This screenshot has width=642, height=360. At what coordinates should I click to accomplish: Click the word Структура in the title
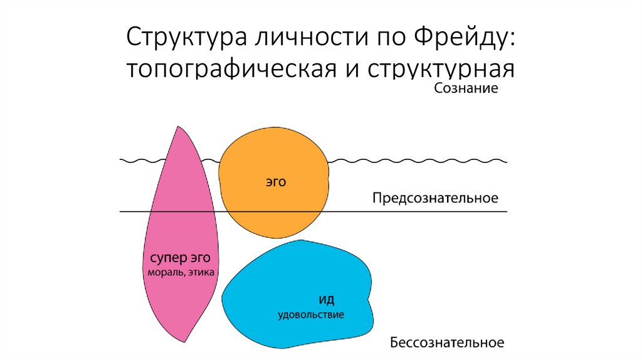click(x=186, y=37)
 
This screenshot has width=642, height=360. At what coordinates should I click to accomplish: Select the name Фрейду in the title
click(x=463, y=37)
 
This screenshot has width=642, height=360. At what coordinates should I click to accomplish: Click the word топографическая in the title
click(x=231, y=68)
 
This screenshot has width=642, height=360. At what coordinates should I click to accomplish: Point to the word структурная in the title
click(x=441, y=69)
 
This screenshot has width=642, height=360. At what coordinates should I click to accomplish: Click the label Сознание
click(x=466, y=88)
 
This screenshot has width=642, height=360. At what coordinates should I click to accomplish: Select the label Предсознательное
click(x=435, y=198)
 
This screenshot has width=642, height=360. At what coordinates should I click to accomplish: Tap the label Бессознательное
click(x=446, y=342)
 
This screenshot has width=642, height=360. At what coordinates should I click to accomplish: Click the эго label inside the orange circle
click(x=276, y=182)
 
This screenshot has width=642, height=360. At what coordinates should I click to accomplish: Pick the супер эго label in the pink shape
click(x=180, y=258)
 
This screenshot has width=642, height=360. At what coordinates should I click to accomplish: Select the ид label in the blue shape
click(x=326, y=299)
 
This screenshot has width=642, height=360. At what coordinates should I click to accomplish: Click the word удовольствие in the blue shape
click(x=311, y=315)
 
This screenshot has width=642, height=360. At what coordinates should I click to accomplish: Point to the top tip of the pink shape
click(x=177, y=126)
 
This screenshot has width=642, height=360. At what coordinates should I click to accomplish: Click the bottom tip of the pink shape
click(x=185, y=342)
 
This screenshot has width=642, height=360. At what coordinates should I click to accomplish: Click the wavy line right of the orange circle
click(x=418, y=161)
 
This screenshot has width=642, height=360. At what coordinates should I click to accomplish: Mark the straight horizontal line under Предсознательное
click(x=313, y=212)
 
